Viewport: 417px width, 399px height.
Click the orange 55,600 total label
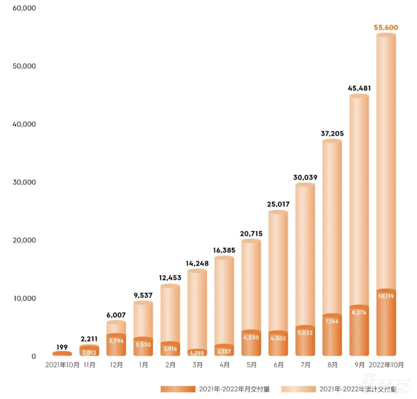(x=386, y=28)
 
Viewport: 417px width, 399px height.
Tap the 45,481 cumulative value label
(x=359, y=89)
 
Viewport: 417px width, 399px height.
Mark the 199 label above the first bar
(x=62, y=347)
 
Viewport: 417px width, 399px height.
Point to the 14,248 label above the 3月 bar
(x=197, y=264)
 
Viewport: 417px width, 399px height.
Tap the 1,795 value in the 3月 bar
(x=197, y=352)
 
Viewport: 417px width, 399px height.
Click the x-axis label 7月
(x=305, y=366)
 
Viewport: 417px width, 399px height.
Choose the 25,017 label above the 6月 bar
(x=278, y=205)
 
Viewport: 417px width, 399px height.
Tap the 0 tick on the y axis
(x=33, y=356)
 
